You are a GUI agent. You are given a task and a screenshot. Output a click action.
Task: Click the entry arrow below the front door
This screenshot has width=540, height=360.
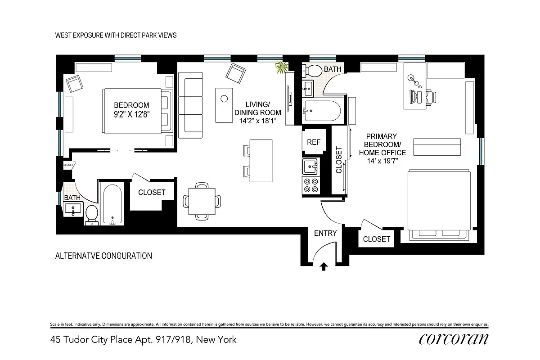coord(324,267)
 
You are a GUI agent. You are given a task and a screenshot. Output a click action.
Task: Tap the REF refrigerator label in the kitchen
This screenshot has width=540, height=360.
coord(313,142)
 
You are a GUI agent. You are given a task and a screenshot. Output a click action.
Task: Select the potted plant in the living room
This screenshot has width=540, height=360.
coord(282,68)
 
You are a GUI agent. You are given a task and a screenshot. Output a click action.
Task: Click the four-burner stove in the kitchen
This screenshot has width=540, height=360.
coord(311,185)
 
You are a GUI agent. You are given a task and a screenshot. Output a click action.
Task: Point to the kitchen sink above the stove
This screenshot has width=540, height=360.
coord(310,166)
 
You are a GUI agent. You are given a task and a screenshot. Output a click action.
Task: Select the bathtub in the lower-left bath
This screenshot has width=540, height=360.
coord(112,205)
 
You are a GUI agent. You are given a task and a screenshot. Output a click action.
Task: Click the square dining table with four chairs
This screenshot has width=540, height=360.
coord(202,201)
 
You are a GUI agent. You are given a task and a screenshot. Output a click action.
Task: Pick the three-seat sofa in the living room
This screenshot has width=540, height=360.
coord(190,105)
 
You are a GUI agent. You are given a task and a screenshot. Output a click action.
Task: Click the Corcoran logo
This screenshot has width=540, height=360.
coord(454,339)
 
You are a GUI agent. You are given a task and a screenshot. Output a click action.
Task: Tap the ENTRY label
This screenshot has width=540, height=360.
coord(325,233)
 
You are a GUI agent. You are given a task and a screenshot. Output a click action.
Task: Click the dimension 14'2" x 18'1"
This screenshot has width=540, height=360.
coord(258,121)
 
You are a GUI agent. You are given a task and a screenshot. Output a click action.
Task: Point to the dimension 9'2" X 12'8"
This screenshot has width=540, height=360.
coord(131,114)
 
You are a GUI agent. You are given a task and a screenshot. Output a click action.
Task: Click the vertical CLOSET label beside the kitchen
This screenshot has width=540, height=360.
coord(339,160)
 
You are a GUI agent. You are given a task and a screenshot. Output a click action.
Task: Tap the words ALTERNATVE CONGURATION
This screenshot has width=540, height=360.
coord(103,256)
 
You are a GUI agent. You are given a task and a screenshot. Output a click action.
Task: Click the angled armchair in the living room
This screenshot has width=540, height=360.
coord(236,73)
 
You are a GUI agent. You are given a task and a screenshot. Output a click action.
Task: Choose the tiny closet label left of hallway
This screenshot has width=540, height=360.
coord(68,165)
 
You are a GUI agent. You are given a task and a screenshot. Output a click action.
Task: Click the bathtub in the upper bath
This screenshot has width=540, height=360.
coord(323,111)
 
